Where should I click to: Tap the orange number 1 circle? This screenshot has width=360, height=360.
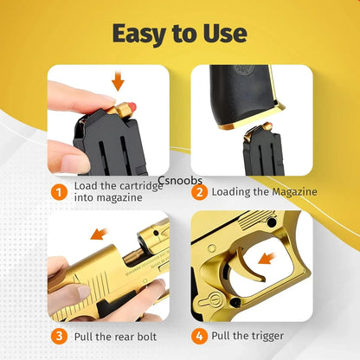[57, 191]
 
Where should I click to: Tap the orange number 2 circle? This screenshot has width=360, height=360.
[199, 191]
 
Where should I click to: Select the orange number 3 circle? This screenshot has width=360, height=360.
[57, 336]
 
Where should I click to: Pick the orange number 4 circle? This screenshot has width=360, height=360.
[199, 336]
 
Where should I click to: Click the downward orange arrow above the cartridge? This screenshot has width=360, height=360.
[119, 81]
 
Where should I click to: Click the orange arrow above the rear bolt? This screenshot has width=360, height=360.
[99, 234]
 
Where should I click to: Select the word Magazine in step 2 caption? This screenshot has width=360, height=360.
[289, 192]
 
